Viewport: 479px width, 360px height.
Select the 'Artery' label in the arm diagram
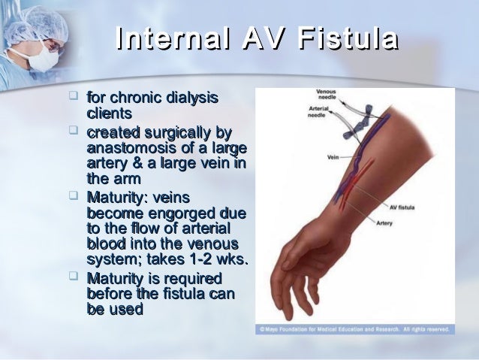click(385, 223)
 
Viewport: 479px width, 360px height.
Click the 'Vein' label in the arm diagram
click(334, 158)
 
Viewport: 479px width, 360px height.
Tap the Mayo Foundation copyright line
click(355, 329)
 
